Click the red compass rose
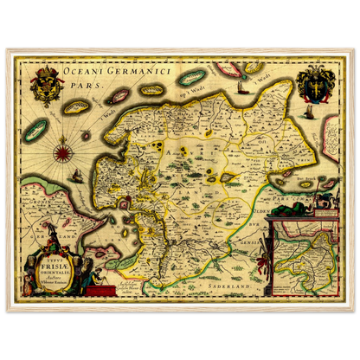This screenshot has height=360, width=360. click(62, 153)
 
